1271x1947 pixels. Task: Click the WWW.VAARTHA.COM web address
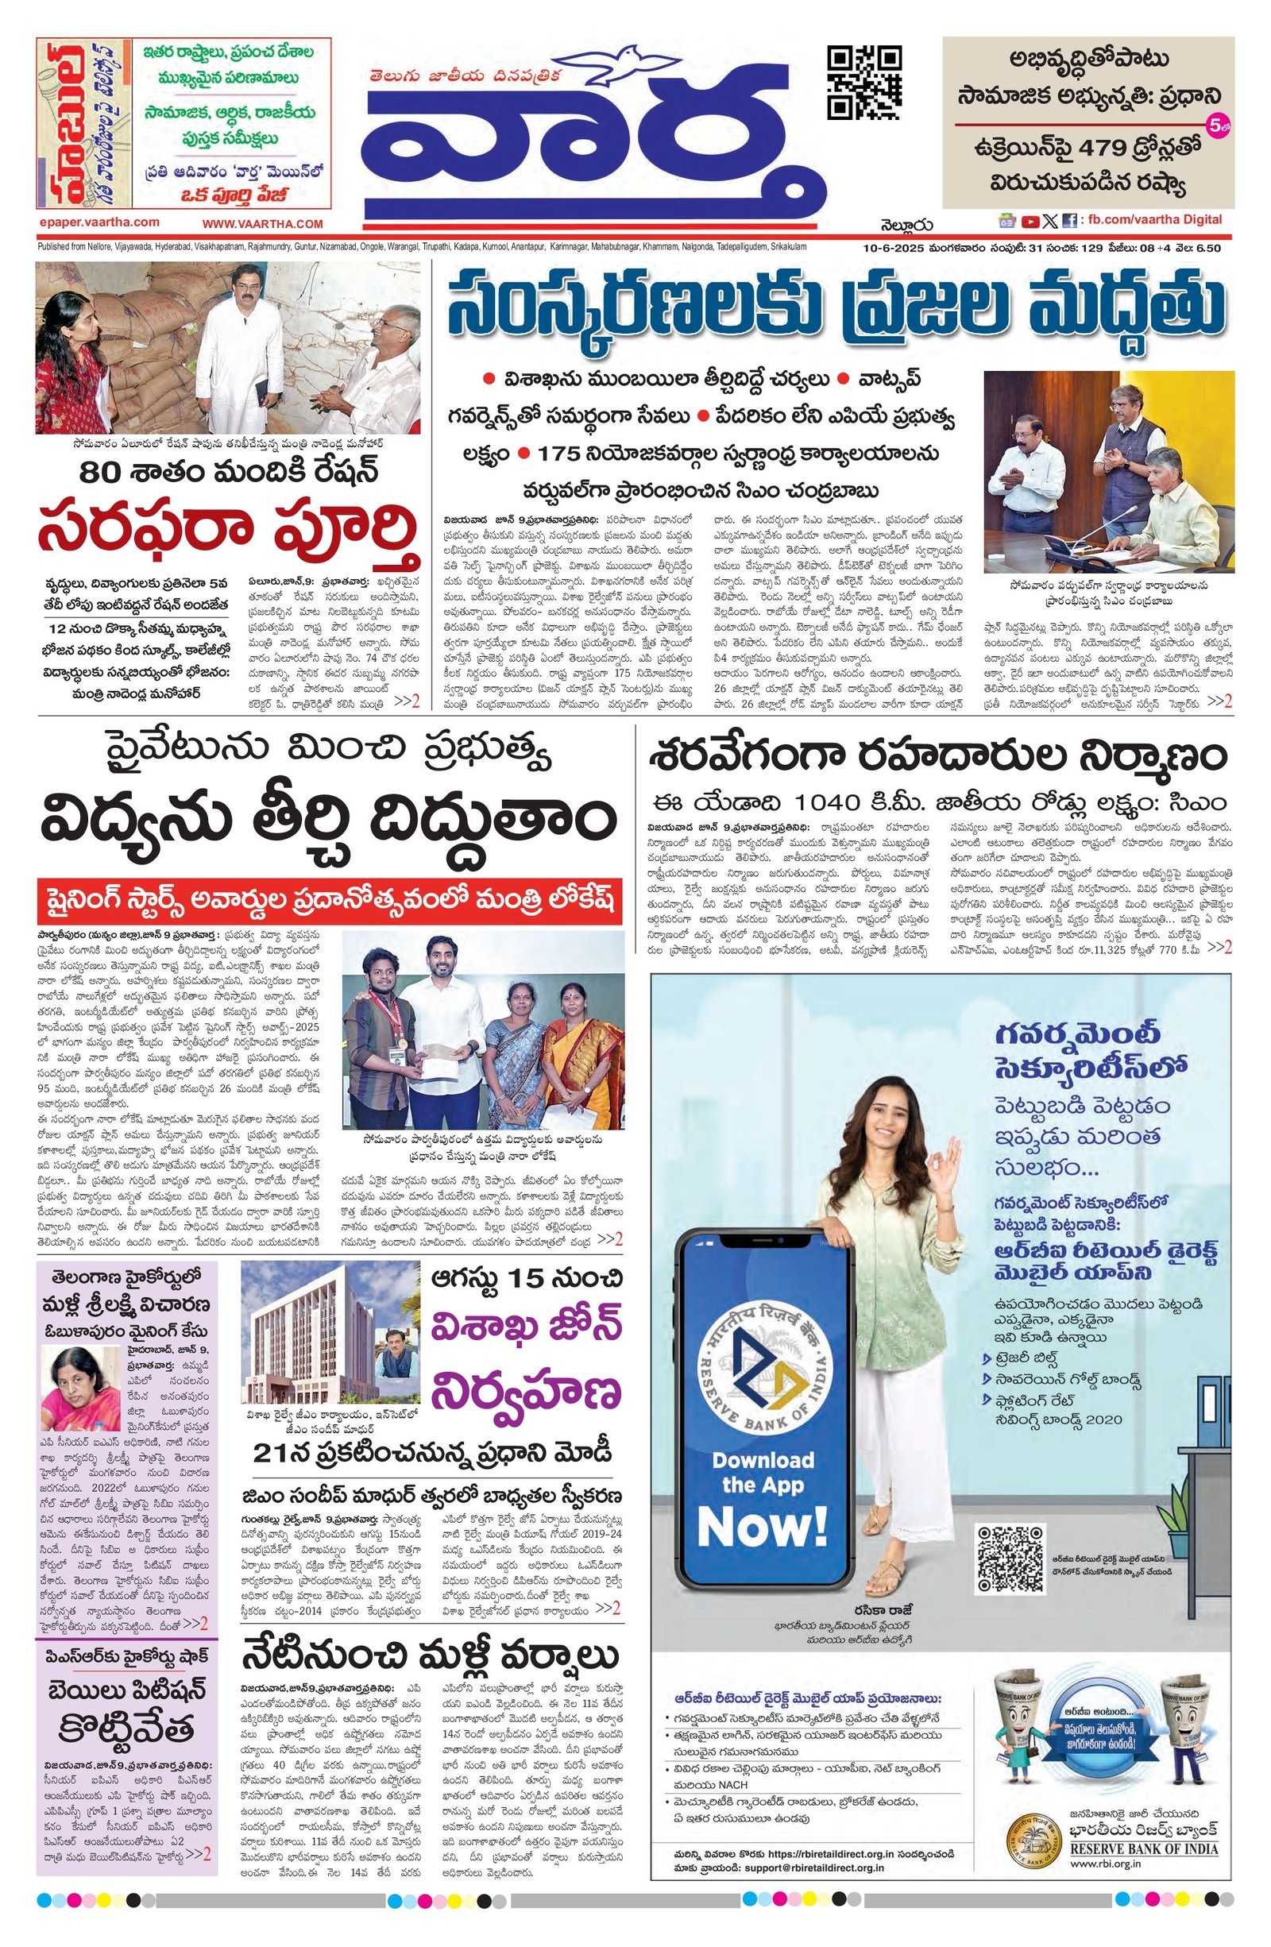263,223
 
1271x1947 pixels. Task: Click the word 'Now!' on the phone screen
763,1526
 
